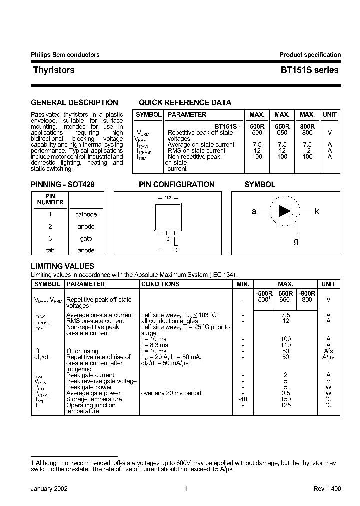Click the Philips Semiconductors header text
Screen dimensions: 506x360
tap(65, 55)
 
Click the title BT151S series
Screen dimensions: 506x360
tap(309, 70)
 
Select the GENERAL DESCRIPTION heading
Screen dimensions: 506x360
tap(74, 103)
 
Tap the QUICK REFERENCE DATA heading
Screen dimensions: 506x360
tap(185, 103)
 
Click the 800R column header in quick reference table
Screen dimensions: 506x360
tap(308, 127)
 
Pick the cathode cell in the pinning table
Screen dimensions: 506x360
tap(86, 214)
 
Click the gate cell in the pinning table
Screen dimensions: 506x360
tap(86, 239)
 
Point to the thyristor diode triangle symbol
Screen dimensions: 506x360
tap(284, 211)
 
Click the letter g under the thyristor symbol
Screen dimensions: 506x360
tap(296, 241)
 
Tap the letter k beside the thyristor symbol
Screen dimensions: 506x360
tap(317, 211)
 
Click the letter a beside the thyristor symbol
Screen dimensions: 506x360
tap(254, 211)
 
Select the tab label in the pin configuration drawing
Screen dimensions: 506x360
tap(168, 198)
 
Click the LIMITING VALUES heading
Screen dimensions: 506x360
tap(62, 266)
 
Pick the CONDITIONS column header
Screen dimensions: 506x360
tap(160, 284)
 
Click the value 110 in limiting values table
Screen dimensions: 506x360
tap(285, 345)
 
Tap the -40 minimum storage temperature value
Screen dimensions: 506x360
tap(242, 399)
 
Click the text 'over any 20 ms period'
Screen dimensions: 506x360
tap(171, 393)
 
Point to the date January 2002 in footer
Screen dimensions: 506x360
tap(49, 489)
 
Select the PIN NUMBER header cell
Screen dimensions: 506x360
tap(50, 199)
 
